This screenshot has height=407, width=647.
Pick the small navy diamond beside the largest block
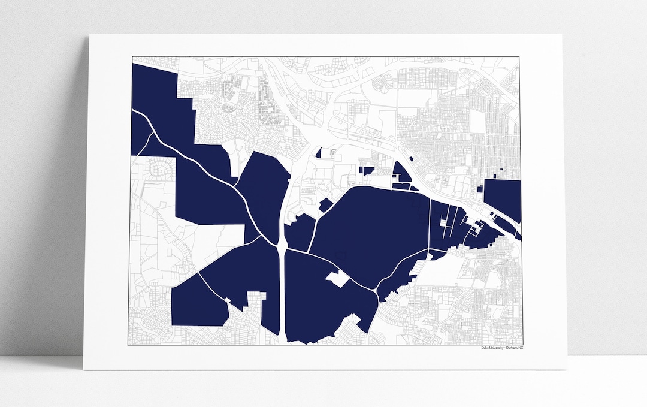coord(325,205)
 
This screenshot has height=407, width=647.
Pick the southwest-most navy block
coord(198,303)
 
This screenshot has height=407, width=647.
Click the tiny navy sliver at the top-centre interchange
coord(319,153)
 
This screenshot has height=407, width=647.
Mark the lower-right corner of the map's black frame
coord(521,345)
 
